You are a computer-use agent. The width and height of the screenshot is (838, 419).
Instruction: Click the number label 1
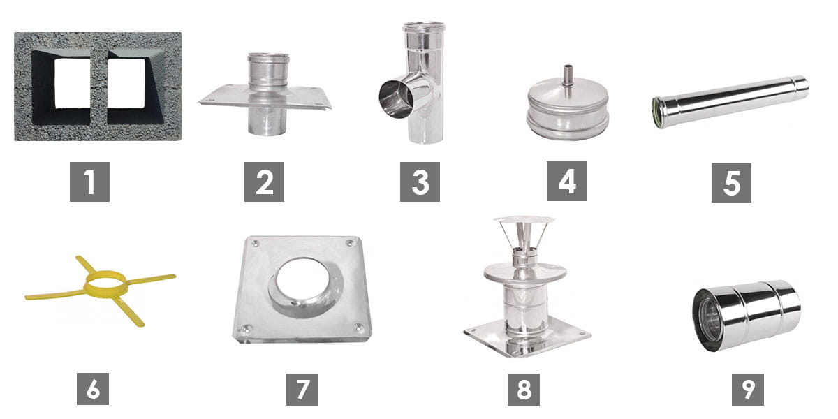89,182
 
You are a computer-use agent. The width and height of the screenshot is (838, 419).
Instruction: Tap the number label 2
264,182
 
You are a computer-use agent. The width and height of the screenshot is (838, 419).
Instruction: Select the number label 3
420,182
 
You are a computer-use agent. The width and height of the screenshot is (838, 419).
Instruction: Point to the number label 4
566,182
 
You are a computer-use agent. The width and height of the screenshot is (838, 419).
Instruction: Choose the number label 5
731,182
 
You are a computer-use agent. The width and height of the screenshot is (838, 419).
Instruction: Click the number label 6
93,389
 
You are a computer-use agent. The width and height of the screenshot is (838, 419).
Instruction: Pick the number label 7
302,390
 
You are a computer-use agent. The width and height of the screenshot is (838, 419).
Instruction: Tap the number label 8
523,390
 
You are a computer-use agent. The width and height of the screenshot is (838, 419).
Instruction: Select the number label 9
748,390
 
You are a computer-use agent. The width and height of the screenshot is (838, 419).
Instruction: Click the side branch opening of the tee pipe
395,99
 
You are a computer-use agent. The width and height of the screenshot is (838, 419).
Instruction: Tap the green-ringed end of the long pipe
657,112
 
